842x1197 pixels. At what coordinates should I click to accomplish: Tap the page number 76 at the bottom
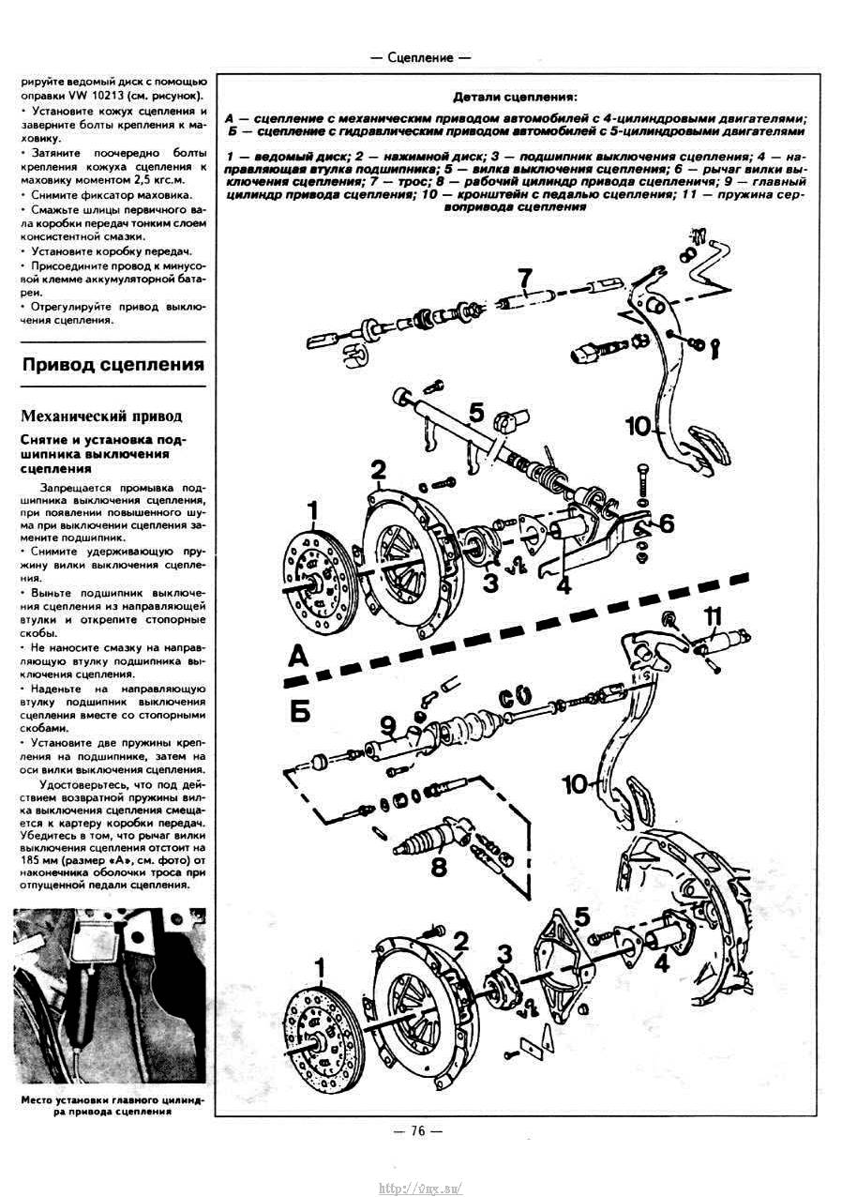point(418,1130)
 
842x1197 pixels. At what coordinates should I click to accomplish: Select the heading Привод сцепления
point(113,365)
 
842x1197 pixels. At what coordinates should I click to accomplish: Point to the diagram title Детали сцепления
point(515,97)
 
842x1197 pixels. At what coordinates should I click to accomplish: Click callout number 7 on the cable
point(525,278)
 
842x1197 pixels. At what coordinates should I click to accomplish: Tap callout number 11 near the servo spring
point(714,615)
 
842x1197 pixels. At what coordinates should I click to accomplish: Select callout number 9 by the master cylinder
point(387,724)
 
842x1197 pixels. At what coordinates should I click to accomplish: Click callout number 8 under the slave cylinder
point(438,867)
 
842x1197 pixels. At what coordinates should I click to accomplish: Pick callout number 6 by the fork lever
point(666,524)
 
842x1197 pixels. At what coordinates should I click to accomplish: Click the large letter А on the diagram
point(297,657)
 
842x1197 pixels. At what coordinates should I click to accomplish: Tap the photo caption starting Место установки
point(110,1105)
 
